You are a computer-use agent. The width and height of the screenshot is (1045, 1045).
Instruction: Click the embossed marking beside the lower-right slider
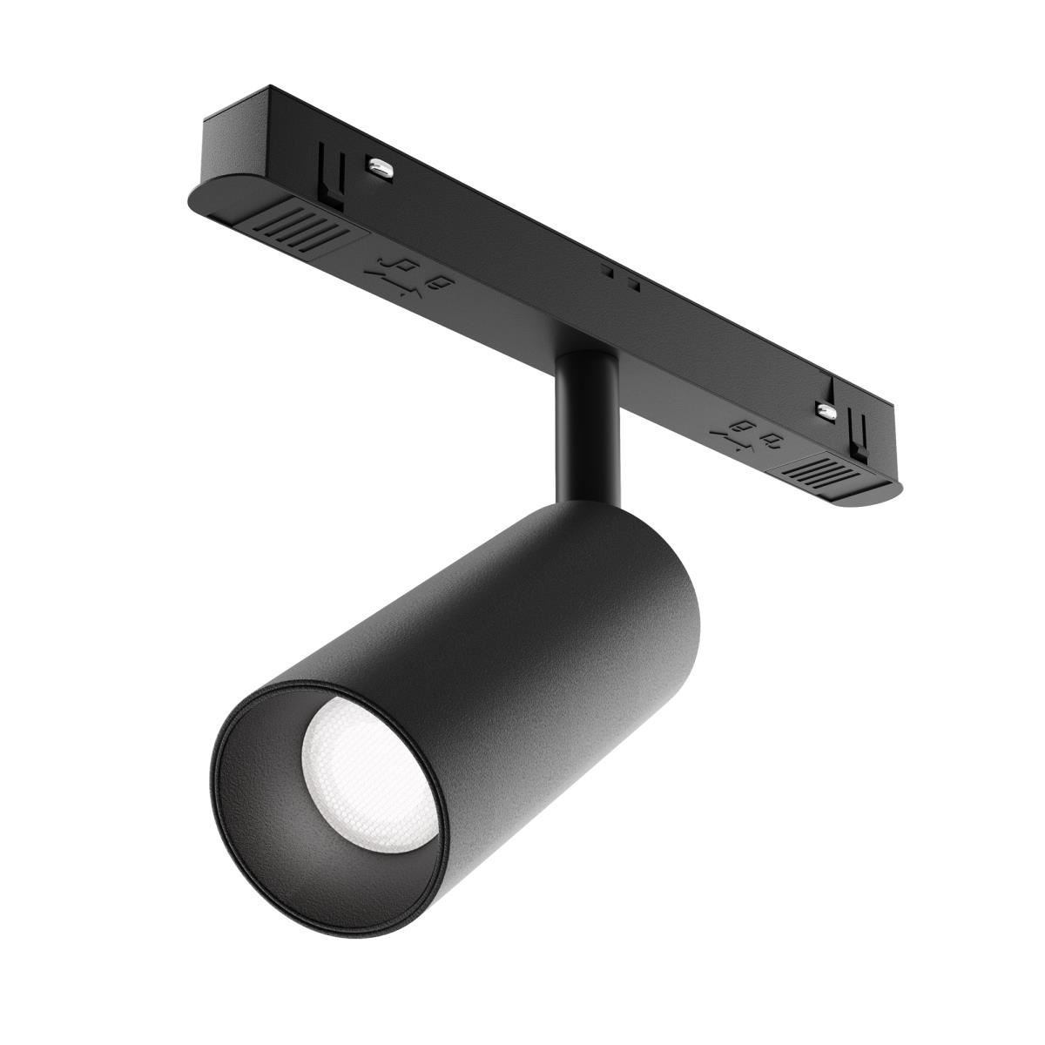pyautogui.click(x=749, y=435)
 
